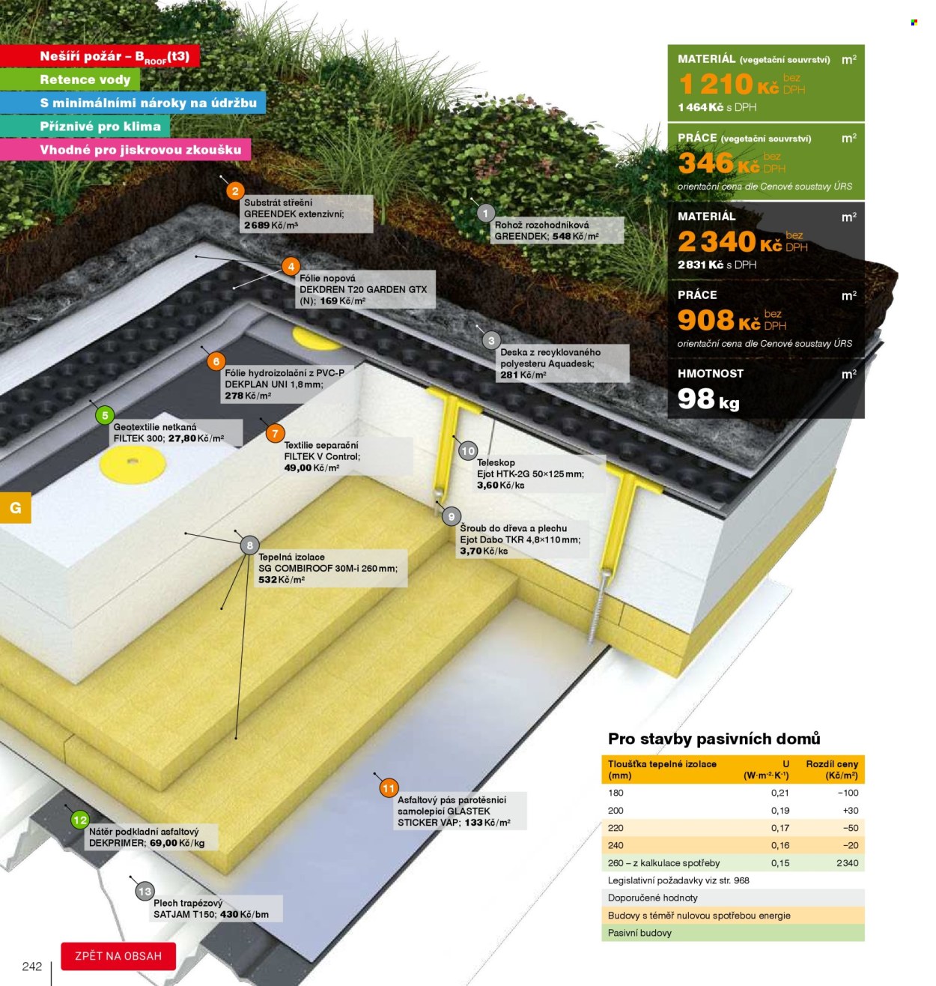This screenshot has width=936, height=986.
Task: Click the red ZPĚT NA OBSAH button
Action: point(118,956)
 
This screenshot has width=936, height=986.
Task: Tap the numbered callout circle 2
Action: point(235,191)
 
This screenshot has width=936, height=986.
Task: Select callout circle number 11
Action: point(389,788)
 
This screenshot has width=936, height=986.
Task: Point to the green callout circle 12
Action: point(80,820)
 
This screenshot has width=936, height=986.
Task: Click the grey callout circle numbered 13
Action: point(145,891)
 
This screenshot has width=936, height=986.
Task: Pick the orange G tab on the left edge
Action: point(16,507)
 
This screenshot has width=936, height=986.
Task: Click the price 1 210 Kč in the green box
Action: point(729,84)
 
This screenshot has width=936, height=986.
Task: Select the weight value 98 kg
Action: point(708,399)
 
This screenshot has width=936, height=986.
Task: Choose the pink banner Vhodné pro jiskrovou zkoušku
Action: point(125,149)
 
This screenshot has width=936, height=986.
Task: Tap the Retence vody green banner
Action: point(70,79)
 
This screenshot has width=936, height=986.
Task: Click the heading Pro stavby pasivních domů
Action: point(714,739)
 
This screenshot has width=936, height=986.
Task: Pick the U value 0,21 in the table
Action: point(780,793)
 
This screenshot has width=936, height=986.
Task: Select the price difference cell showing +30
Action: point(851,810)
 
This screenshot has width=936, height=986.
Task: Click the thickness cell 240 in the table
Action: point(616,845)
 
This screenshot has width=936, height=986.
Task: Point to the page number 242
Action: point(32,967)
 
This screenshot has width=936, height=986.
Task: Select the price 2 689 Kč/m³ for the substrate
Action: point(271,226)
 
